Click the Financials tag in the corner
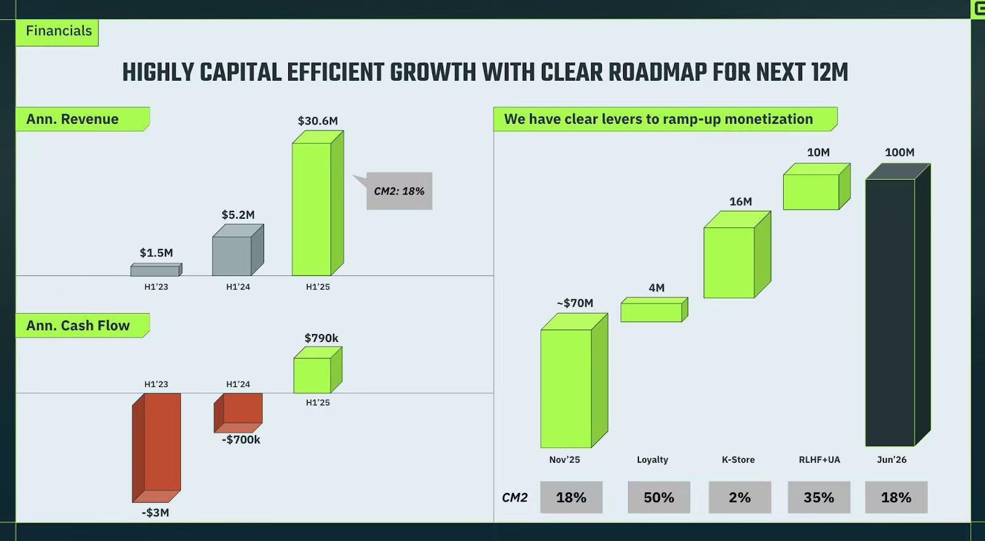[58, 31]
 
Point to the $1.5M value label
[156, 253]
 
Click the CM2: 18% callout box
[400, 191]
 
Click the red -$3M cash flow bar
[156, 447]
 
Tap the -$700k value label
[241, 440]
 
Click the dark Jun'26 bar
[890, 311]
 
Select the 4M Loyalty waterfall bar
[652, 312]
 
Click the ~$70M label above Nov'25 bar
[575, 303]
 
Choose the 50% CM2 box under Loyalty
[659, 497]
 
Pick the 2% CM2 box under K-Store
[739, 497]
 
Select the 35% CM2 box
[819, 497]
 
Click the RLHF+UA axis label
[819, 460]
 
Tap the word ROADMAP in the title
[657, 73]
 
